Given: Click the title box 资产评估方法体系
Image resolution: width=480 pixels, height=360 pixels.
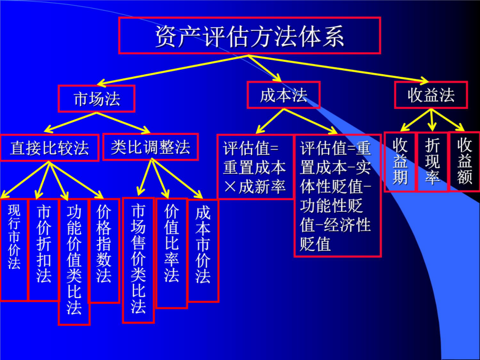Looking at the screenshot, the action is pyautogui.click(x=250, y=36).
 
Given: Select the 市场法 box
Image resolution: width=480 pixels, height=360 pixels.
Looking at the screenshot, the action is pyautogui.click(x=97, y=99).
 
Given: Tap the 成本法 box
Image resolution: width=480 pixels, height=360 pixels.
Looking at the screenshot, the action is pyautogui.click(x=284, y=95).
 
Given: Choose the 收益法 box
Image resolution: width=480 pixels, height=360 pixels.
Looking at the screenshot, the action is pyautogui.click(x=431, y=94).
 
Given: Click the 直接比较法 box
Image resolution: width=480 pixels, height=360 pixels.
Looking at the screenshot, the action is pyautogui.click(x=49, y=148).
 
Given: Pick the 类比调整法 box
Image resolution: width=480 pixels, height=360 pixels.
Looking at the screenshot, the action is pyautogui.click(x=150, y=147).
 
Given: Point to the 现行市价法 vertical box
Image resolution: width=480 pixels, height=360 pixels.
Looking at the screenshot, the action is pyautogui.click(x=14, y=250).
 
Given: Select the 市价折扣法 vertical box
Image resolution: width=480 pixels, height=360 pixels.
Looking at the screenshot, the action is pyautogui.click(x=44, y=250).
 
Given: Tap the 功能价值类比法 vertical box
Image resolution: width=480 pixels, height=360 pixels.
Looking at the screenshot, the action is pyautogui.click(x=74, y=262).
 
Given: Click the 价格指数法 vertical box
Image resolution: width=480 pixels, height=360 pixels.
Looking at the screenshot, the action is pyautogui.click(x=104, y=251).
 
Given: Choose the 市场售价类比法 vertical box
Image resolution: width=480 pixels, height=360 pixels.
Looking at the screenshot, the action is pyautogui.click(x=138, y=260).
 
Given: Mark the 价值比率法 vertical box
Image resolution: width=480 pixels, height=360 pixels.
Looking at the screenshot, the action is pyautogui.click(x=172, y=253).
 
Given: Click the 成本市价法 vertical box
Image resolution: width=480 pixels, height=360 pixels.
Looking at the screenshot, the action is pyautogui.click(x=203, y=251).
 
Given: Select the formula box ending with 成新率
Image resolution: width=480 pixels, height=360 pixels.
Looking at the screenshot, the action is pyautogui.click(x=255, y=167).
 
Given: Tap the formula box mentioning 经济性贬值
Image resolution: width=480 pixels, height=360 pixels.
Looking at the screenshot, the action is pyautogui.click(x=338, y=196).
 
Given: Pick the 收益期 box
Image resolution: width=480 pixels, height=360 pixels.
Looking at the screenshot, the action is pyautogui.click(x=400, y=162).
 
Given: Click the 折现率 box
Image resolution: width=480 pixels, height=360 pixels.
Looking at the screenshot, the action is pyautogui.click(x=432, y=162).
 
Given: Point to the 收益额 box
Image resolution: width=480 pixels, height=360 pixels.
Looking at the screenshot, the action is pyautogui.click(x=464, y=162).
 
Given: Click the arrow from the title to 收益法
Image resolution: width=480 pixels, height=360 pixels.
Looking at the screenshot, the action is pyautogui.click(x=339, y=69).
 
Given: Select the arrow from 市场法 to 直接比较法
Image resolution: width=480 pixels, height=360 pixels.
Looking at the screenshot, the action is pyautogui.click(x=71, y=122).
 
